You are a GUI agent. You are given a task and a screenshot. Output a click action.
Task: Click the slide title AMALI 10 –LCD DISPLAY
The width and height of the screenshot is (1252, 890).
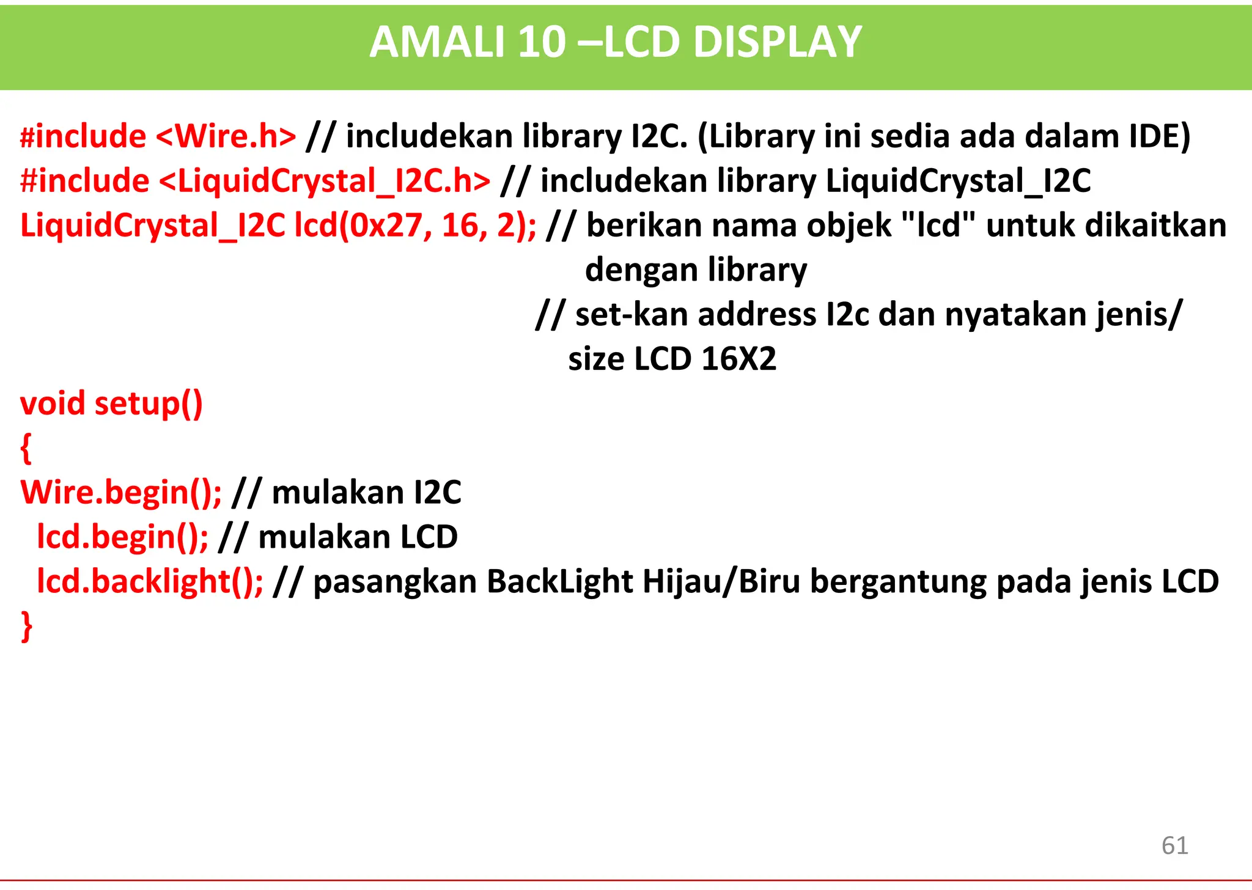point(616,43)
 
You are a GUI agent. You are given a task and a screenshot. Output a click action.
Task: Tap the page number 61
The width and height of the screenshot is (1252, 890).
point(1174,845)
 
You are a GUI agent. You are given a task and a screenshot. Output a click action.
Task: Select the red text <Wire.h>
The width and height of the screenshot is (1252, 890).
point(226,136)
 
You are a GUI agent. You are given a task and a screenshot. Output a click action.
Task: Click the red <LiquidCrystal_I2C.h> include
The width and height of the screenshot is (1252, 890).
point(325,181)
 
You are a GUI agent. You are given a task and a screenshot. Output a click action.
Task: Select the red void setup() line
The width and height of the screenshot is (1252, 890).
point(111,403)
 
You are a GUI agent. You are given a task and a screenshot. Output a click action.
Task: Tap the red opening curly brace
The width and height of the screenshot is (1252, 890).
point(26,448)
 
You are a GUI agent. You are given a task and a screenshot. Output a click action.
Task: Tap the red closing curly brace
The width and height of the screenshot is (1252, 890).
point(26,626)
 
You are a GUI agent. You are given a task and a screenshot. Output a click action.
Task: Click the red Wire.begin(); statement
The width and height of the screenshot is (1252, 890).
point(121,493)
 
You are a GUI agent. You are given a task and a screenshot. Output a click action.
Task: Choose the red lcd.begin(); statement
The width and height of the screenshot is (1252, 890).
point(122,537)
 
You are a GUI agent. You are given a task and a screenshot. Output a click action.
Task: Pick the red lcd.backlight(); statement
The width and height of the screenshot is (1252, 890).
point(150,581)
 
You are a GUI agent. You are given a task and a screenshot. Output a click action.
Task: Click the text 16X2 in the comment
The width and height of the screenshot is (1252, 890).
point(738,359)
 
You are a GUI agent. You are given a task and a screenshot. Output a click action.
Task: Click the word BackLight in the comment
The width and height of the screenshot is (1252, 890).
point(559,581)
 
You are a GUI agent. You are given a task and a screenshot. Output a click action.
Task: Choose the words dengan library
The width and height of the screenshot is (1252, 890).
point(696,270)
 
